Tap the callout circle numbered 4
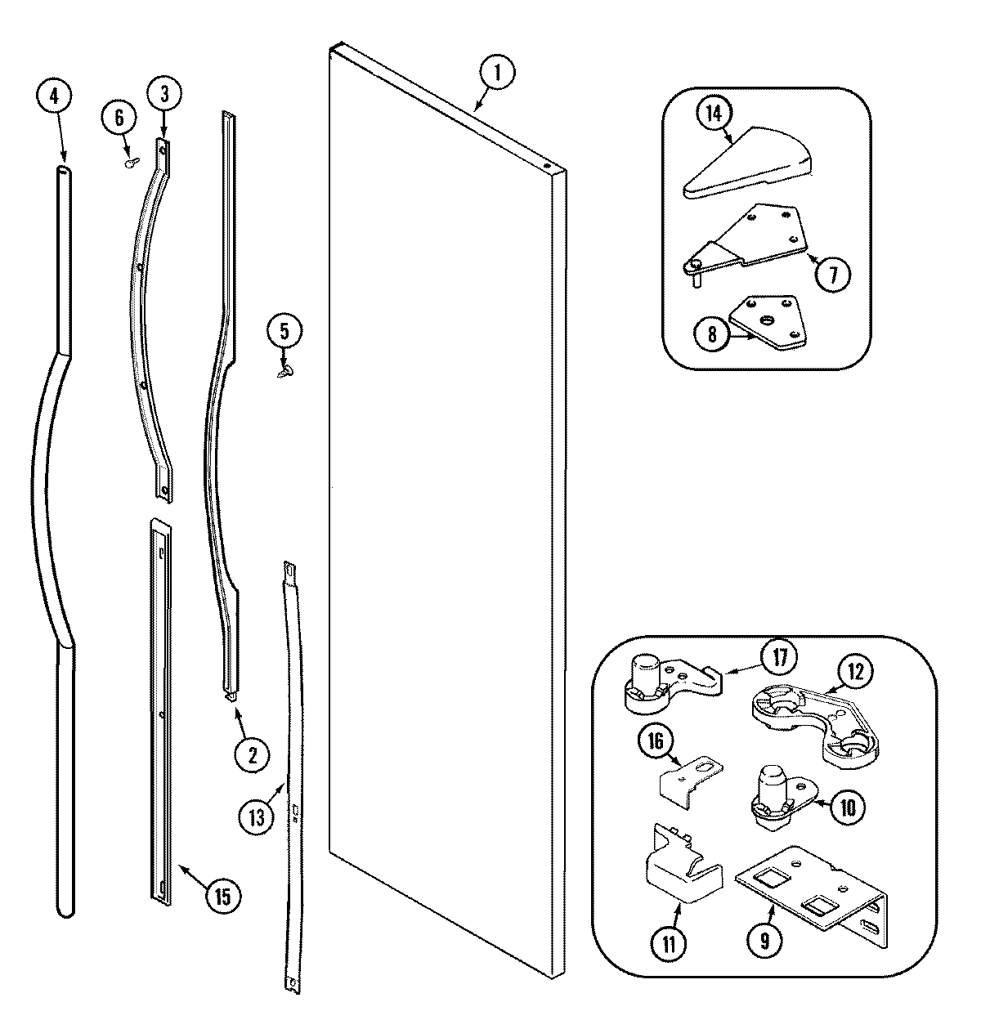[54, 96]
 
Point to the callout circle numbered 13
[257, 816]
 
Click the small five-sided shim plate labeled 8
[766, 324]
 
